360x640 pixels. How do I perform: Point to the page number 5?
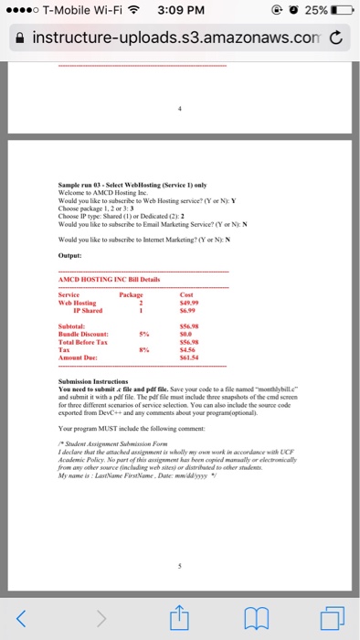tap(180, 565)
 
